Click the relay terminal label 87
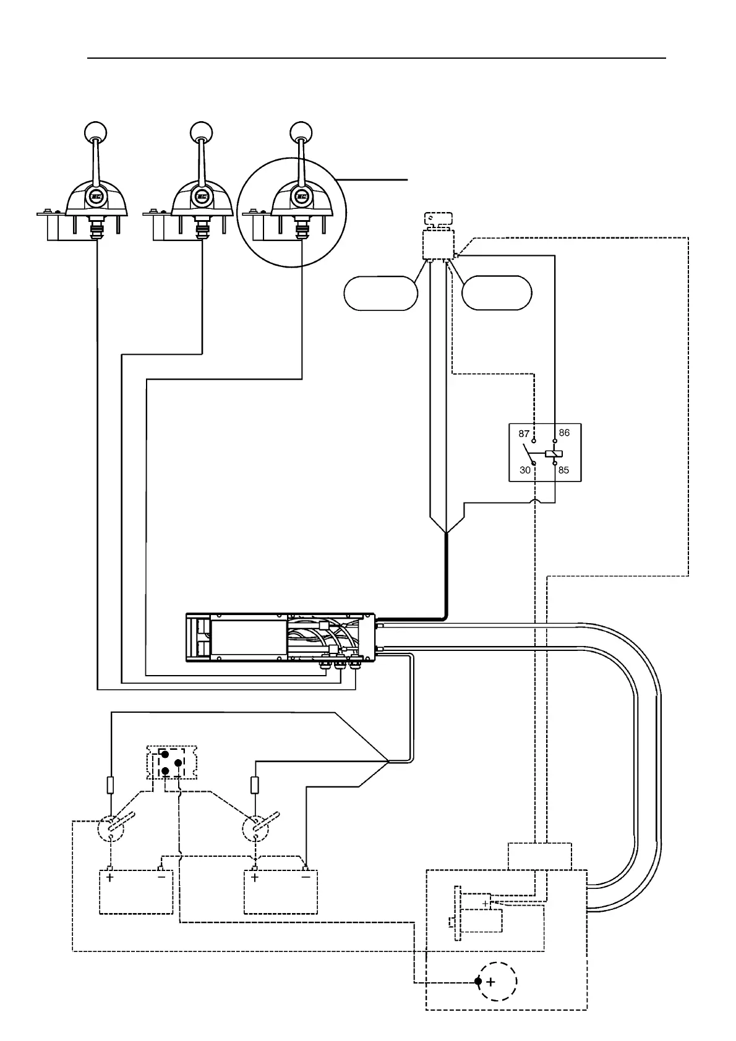pyautogui.click(x=524, y=435)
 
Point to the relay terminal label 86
pyautogui.click(x=564, y=433)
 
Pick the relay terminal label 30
pyautogui.click(x=525, y=470)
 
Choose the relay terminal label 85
pyautogui.click(x=563, y=470)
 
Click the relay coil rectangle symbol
pyautogui.click(x=554, y=453)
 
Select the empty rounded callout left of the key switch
pyautogui.click(x=381, y=293)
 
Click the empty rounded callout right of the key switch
pyautogui.click(x=497, y=293)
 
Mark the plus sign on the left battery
pyautogui.click(x=109, y=877)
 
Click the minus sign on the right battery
pyautogui.click(x=306, y=877)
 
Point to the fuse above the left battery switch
pyautogui.click(x=111, y=785)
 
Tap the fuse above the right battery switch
pyautogui.click(x=254, y=785)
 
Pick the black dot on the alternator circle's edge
pyautogui.click(x=478, y=981)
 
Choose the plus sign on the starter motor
pyautogui.click(x=486, y=904)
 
